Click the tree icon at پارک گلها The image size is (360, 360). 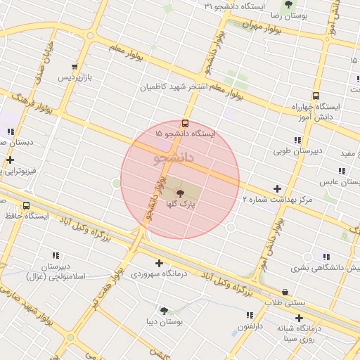tap(180, 193)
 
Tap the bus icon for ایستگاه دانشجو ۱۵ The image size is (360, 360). tap(186, 122)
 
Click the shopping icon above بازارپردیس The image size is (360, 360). tap(75, 67)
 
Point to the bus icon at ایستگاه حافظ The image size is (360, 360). tap(26, 206)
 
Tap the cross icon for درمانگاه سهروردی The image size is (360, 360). tap(160, 264)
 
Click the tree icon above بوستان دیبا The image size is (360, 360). tap(164, 310)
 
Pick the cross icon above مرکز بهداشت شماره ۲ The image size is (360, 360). tap(278, 188)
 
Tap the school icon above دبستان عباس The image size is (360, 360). tap(341, 171)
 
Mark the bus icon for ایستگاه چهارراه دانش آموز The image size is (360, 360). tap(315, 96)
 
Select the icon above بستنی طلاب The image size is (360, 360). tap(285, 292)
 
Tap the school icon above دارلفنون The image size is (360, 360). tap(250, 315)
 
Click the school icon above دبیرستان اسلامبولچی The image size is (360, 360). tap(56, 255)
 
